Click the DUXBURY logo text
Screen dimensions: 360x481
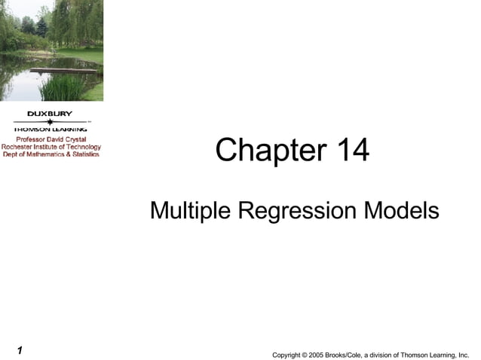coord(51,114)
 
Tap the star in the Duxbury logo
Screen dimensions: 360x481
coord(51,121)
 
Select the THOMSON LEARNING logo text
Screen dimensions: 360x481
coord(51,129)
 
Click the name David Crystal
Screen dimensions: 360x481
coord(67,139)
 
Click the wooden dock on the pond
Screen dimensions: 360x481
coord(64,70)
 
